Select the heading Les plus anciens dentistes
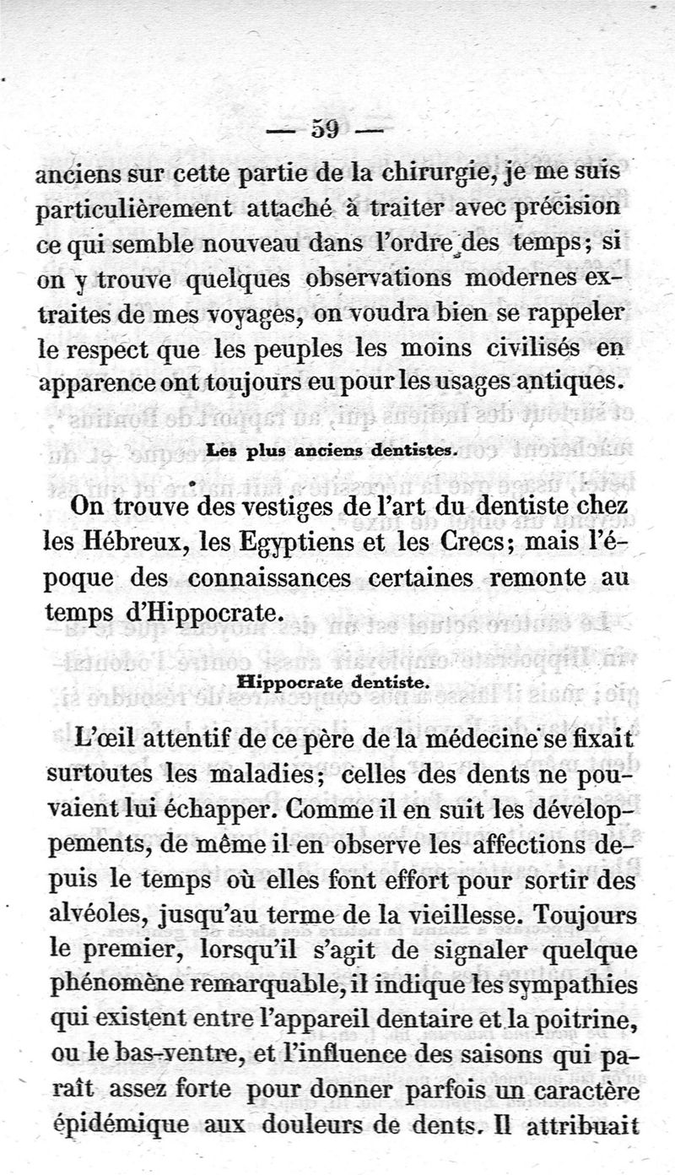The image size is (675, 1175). coord(331,451)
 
